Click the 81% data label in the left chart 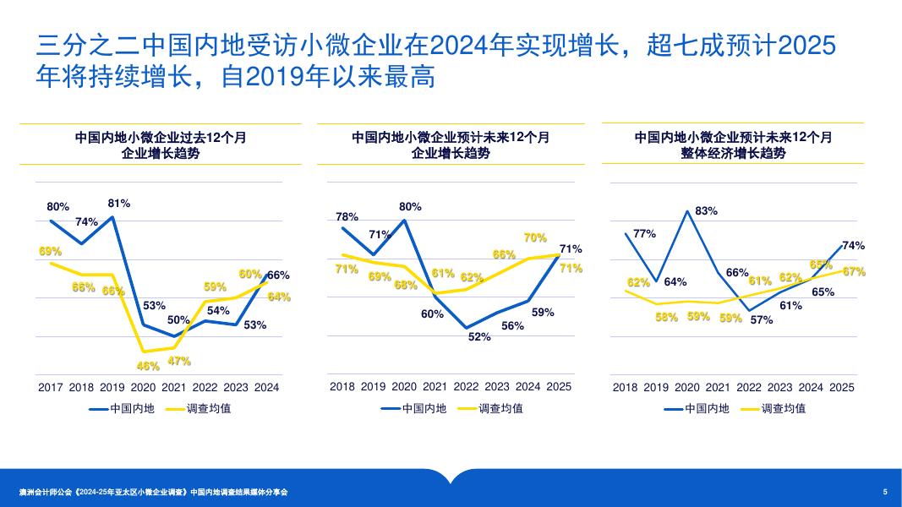tap(118, 204)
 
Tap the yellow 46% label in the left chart tap(148, 366)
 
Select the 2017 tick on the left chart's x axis tap(51, 387)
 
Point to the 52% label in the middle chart tap(479, 336)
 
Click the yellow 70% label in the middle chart tap(535, 238)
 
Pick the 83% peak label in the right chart tap(706, 210)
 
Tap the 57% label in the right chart tap(762, 320)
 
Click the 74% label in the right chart tap(853, 246)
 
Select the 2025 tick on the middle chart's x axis tap(559, 387)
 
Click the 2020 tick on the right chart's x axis tap(686, 387)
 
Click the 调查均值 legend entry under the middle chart tap(500, 408)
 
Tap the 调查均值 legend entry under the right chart tap(783, 408)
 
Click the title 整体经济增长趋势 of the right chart tap(733, 153)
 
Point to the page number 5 tap(885, 492)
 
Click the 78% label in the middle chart tap(347, 217)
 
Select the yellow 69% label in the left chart tap(51, 251)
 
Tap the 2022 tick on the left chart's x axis tap(205, 387)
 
